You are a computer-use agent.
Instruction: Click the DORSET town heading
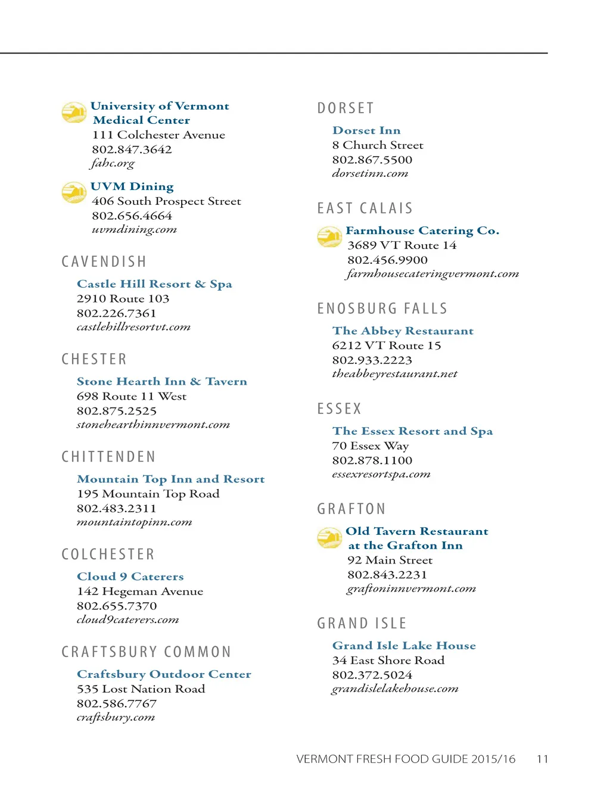pos(346,108)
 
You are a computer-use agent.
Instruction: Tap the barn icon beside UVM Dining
pos(74,192)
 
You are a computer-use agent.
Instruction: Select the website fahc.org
pos(113,163)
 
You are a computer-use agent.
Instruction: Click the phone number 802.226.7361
pos(116,313)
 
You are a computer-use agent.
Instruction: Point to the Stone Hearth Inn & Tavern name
pos(161,382)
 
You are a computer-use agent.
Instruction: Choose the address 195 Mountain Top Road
pos(148,494)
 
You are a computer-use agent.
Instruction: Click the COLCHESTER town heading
pos(108,555)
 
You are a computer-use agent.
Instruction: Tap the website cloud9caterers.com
pos(127,619)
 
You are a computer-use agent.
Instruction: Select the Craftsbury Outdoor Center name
pos(164,674)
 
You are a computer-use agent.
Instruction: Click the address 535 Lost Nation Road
pos(141,689)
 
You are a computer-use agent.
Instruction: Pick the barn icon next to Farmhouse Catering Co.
pos(329,237)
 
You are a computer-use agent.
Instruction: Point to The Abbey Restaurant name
pos(403,331)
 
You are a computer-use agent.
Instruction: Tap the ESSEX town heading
pos(340,409)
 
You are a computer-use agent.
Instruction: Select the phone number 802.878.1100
pos(372,460)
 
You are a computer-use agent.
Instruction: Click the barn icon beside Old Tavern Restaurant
pos(329,538)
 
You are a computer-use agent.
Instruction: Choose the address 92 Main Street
pos(390,561)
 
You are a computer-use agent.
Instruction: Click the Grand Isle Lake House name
pos(404,646)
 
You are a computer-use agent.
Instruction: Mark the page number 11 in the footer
pos(542,759)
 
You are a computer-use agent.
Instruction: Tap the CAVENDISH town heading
pos(104,262)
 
